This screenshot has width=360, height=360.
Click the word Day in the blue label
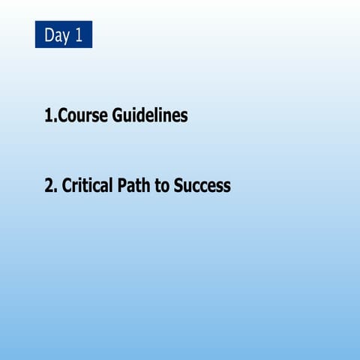click(56, 35)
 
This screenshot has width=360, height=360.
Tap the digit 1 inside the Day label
click(78, 35)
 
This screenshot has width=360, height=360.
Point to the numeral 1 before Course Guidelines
click(49, 116)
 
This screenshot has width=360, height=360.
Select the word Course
click(83, 116)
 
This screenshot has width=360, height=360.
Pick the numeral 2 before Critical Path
click(49, 185)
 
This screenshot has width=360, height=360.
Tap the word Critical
click(86, 185)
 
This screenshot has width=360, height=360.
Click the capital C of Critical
click(67, 185)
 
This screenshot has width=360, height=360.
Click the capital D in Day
click(49, 35)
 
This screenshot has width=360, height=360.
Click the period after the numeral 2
click(55, 190)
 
